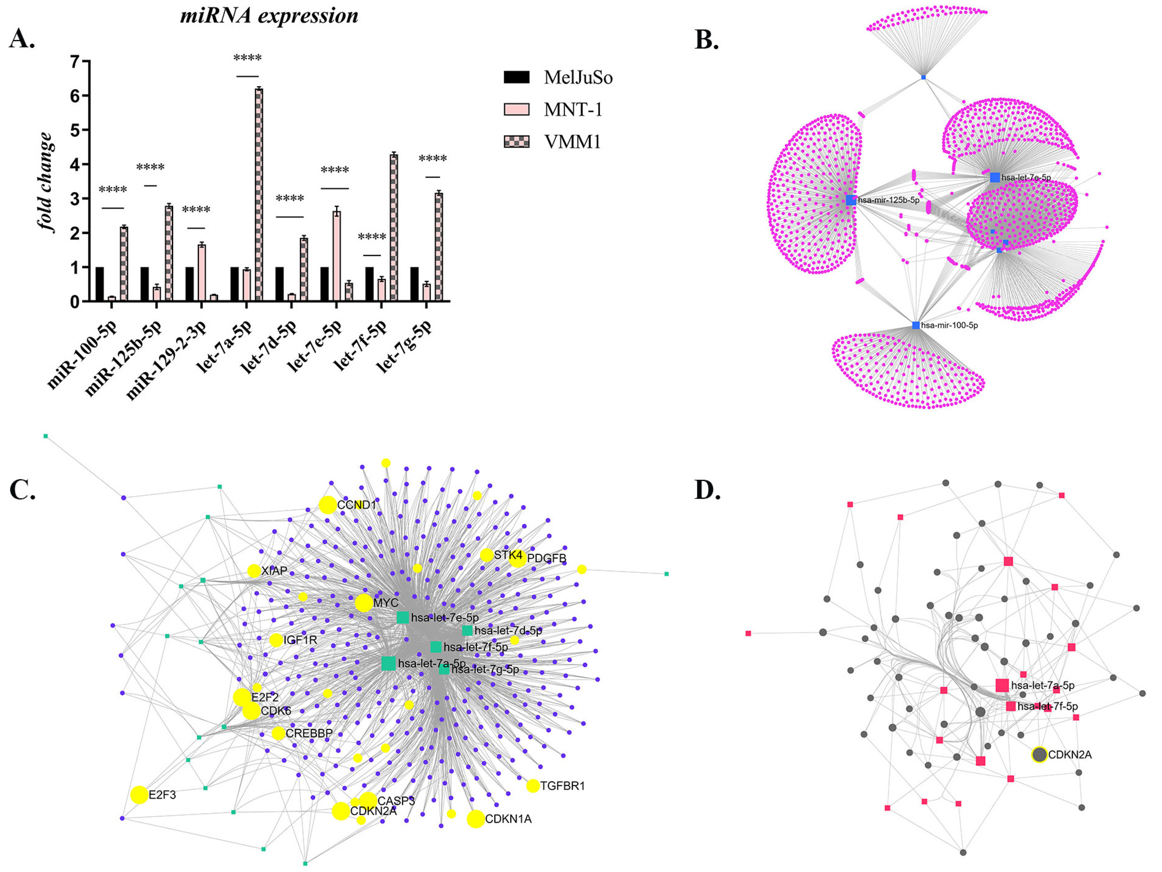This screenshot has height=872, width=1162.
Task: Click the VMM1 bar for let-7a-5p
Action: (258, 195)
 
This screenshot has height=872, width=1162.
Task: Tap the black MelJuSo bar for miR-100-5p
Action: (99, 284)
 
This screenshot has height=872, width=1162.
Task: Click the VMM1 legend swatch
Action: (516, 141)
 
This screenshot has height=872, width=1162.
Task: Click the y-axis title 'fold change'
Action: (46, 181)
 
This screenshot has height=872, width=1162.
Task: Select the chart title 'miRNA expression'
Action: (269, 16)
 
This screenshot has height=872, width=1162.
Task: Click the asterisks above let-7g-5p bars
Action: (432, 159)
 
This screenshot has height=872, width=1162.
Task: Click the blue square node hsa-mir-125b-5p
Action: (850, 200)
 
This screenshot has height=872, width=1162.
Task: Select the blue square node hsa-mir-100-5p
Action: (916, 325)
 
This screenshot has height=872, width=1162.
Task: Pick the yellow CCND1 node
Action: (327, 505)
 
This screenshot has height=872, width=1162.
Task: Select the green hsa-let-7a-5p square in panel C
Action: (388, 663)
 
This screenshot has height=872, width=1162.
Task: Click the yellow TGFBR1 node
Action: (533, 786)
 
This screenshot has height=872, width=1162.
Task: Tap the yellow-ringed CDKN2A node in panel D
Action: (1039, 755)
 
